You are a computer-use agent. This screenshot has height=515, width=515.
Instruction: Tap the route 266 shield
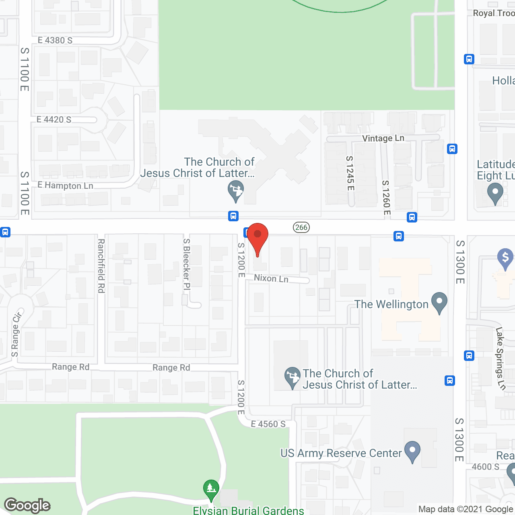(x=301, y=227)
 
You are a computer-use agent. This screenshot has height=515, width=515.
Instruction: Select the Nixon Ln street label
(x=271, y=278)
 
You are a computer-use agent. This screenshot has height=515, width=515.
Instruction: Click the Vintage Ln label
(x=383, y=138)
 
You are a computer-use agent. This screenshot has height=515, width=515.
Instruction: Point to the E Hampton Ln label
(x=65, y=185)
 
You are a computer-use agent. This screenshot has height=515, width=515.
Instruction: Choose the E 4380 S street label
(x=55, y=40)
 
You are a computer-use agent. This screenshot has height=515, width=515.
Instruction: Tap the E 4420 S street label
(x=54, y=119)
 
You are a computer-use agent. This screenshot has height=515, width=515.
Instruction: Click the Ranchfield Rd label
(x=101, y=266)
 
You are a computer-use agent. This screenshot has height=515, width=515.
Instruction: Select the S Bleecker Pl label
(x=186, y=264)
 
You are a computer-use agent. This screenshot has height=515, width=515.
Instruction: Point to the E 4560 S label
(x=268, y=424)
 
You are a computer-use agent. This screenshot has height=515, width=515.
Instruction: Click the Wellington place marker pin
(x=439, y=303)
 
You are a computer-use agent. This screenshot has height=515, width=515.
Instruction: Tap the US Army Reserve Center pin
(x=412, y=451)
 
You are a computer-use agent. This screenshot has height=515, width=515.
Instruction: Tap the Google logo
(x=27, y=505)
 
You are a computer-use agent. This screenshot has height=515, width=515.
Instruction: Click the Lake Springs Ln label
(x=501, y=358)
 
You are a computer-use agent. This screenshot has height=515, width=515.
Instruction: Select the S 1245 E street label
(x=350, y=173)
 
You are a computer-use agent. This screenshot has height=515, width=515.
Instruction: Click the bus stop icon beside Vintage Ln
(x=452, y=149)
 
